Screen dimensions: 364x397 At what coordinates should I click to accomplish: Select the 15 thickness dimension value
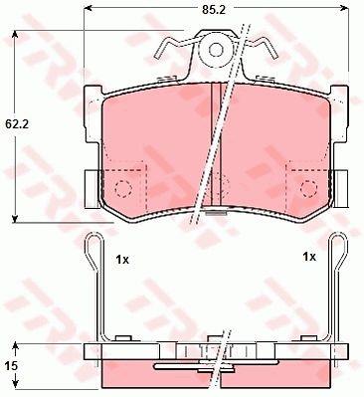(11, 366)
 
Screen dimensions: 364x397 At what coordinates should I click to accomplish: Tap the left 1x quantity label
(122, 260)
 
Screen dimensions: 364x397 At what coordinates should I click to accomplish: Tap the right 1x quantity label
(309, 257)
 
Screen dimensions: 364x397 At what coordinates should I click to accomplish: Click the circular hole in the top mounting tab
(216, 51)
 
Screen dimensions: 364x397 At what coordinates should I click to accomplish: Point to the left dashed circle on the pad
(123, 188)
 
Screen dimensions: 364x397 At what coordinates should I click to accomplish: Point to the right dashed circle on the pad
(309, 188)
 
